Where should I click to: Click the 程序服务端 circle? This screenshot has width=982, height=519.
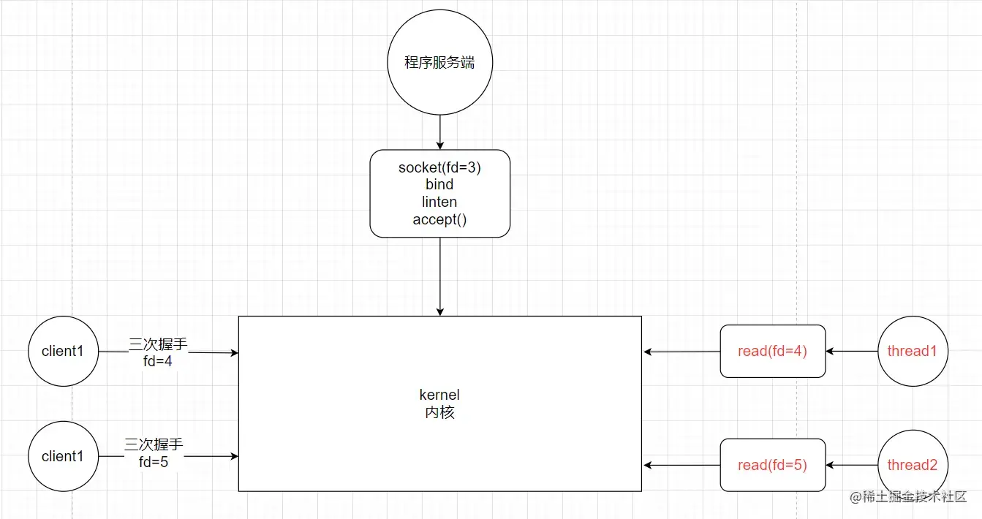point(439,63)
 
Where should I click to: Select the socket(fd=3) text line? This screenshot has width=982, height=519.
point(439,167)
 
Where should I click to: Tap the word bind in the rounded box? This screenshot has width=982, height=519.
point(439,184)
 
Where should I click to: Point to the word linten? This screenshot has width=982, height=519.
point(439,202)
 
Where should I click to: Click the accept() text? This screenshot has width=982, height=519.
point(439,219)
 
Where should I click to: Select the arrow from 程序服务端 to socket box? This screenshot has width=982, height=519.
point(439,132)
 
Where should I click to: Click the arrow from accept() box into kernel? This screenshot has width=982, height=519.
point(439,276)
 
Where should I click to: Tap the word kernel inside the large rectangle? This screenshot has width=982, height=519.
point(439,395)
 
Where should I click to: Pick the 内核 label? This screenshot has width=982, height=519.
point(439,412)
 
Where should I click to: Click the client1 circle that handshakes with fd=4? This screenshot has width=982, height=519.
point(63,351)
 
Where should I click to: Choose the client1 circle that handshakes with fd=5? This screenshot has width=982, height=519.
point(63,456)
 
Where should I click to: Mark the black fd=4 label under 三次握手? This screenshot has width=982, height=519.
point(158,360)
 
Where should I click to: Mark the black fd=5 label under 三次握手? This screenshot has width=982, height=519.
point(154,462)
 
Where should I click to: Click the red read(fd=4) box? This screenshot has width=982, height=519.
point(772,351)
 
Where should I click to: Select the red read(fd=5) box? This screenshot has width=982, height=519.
point(772,465)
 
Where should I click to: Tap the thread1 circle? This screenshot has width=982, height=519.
point(912,351)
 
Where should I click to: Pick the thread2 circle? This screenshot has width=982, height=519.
point(912,465)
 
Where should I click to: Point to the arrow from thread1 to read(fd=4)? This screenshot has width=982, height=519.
point(852,351)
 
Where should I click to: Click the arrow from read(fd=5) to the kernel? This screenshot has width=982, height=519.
point(682,465)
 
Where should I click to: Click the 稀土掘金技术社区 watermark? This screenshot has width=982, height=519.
point(908,497)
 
